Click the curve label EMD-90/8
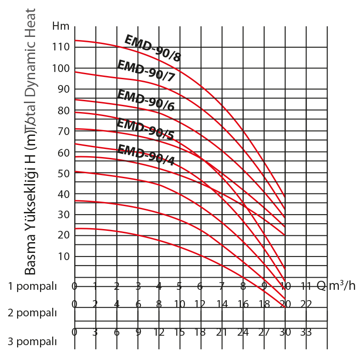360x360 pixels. click(x=152, y=49)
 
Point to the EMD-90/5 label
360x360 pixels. click(x=145, y=129)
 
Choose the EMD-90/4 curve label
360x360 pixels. click(x=145, y=155)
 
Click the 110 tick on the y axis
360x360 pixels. click(x=60, y=47)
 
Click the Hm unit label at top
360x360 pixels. click(x=61, y=26)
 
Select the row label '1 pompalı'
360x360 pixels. click(x=33, y=286)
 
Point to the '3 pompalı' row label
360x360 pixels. click(x=33, y=342)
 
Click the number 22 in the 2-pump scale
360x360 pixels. click(x=306, y=304)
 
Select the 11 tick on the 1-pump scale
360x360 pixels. click(x=306, y=285)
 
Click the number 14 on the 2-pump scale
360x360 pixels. click(x=222, y=304)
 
